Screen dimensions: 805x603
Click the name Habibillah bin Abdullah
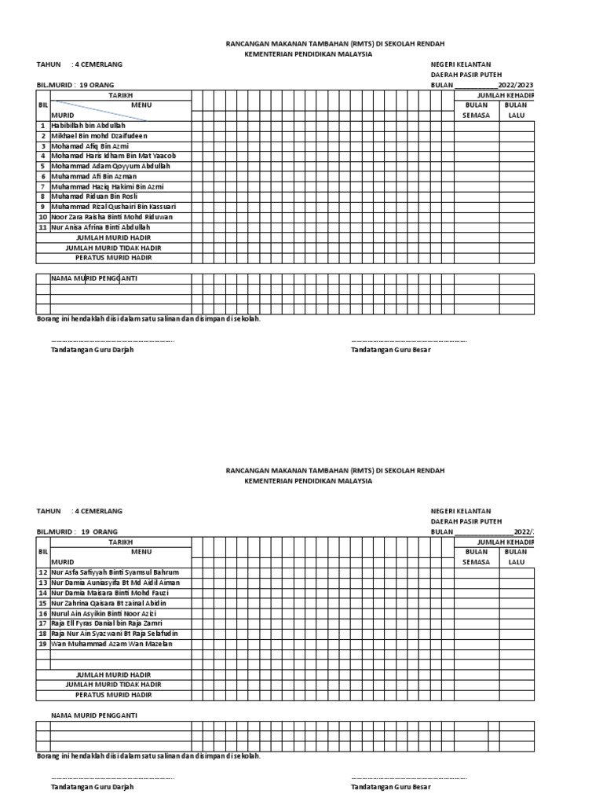(88, 125)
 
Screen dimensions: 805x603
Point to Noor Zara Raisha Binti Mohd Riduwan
(112, 216)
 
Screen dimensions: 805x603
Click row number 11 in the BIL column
(43, 226)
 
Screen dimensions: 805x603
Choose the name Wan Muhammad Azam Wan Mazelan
(111, 643)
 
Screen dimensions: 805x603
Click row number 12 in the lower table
(43, 572)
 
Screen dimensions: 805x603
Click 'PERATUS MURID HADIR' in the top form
(113, 257)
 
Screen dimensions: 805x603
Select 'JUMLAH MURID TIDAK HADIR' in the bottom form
(113, 684)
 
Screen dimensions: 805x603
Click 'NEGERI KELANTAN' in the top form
(461, 64)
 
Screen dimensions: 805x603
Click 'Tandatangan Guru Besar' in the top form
(390, 349)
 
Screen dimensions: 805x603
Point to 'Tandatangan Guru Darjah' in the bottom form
(92, 786)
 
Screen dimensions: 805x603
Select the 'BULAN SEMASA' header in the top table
(476, 109)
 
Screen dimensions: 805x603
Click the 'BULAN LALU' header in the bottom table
(516, 557)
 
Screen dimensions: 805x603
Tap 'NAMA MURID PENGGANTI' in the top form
(99, 278)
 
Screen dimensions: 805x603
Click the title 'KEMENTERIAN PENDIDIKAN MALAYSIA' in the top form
(309, 54)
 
